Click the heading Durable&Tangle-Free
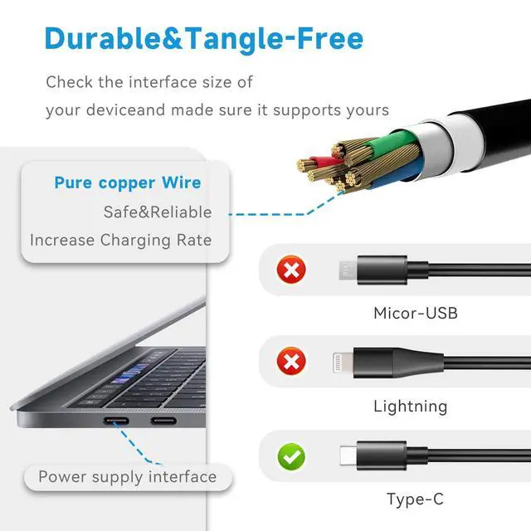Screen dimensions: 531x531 pos(203,38)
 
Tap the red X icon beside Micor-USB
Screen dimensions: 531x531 pos(291,269)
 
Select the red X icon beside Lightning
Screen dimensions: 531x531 pos(291,361)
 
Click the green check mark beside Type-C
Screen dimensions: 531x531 pos(291,455)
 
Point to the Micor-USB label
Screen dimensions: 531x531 pos(415,314)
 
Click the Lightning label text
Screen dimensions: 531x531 pos(410,407)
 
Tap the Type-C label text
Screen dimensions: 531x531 pos(415,499)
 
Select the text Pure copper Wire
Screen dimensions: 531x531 pos(128,183)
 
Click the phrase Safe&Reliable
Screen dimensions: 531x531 pos(158,212)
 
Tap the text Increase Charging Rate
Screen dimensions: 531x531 pos(121,241)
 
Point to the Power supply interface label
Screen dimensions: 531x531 pos(127,477)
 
